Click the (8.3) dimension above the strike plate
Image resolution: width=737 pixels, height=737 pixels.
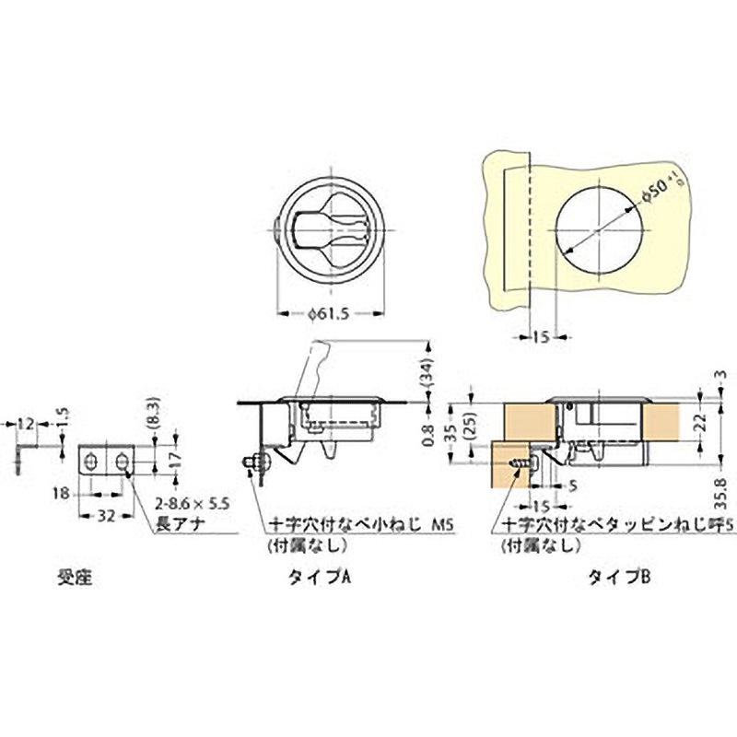pos(153,410)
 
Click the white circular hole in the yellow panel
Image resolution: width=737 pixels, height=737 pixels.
pos(599,224)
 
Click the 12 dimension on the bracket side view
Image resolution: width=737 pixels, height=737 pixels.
pos(25,423)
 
